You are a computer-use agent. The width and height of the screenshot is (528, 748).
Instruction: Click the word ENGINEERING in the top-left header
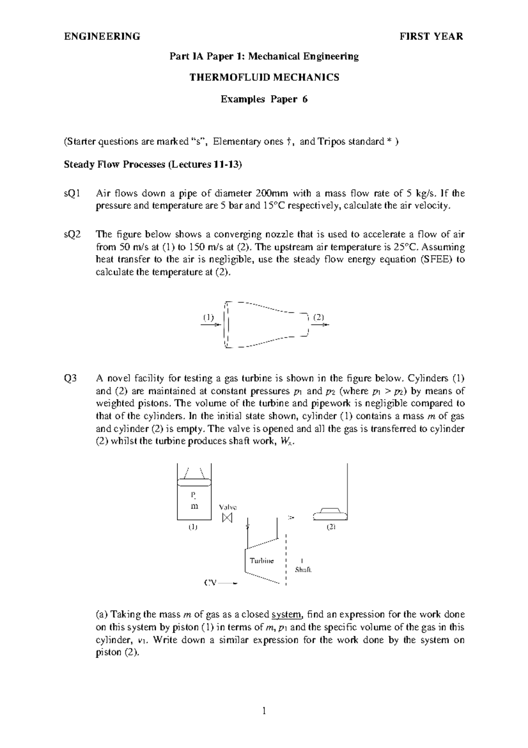tap(102, 37)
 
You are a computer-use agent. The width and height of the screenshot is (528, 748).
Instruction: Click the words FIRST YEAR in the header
tap(431, 37)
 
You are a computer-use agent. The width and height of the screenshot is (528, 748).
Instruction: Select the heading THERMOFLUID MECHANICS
tap(264, 78)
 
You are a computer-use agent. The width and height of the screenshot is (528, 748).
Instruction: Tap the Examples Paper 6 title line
tap(264, 100)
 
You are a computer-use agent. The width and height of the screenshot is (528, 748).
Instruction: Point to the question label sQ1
tap(72, 193)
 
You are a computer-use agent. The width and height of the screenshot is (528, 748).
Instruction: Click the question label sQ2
tap(72, 234)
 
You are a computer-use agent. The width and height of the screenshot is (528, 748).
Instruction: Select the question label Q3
tap(70, 378)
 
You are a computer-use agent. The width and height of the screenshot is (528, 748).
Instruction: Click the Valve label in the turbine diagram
tap(228, 507)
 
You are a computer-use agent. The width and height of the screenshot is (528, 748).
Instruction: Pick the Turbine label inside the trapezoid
tap(261, 561)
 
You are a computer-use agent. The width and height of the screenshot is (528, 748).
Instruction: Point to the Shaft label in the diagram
tap(303, 570)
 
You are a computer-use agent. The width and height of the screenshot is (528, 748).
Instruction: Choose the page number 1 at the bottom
tap(264, 711)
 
